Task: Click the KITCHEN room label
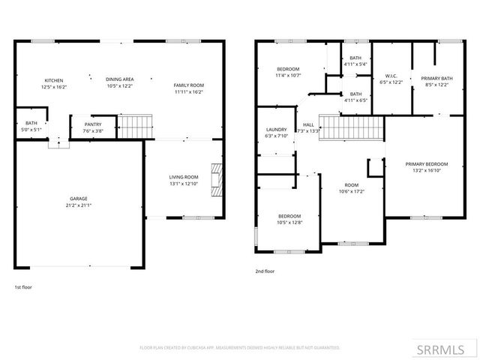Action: pos(54,80)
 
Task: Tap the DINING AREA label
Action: pos(119,79)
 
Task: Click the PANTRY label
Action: pos(92,125)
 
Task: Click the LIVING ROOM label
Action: pos(184,176)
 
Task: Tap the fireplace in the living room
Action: pos(217,180)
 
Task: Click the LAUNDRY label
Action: pos(276,129)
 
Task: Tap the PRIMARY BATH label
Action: pos(436,78)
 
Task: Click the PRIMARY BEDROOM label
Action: pos(427,163)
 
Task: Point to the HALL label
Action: pos(308,124)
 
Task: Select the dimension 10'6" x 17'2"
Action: pos(351,190)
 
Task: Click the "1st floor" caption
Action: pos(23,286)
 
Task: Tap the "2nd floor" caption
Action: pos(265,271)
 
